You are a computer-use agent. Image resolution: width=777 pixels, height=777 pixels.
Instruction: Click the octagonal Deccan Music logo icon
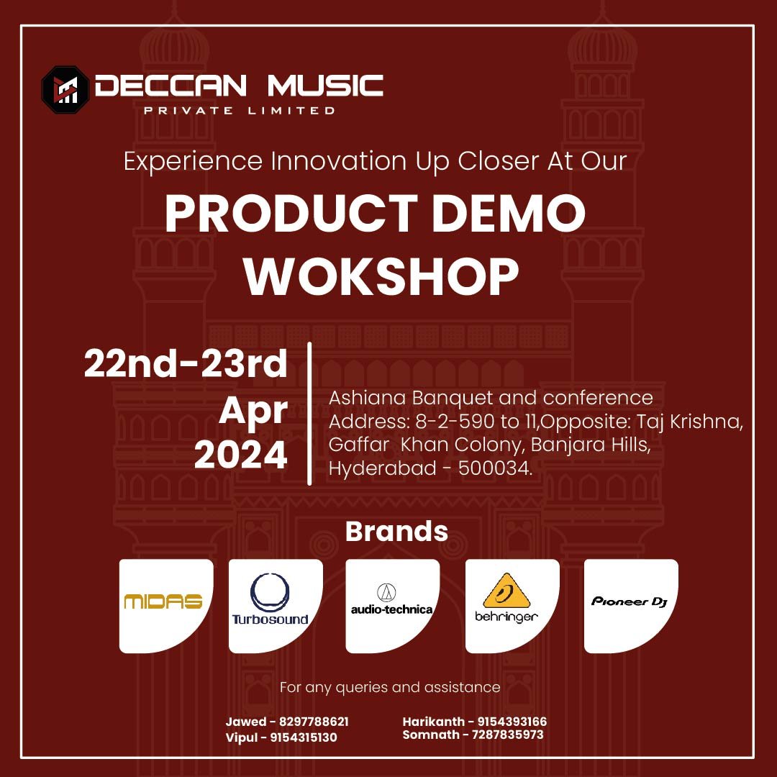65,90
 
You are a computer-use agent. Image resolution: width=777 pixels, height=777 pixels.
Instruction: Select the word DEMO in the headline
509,213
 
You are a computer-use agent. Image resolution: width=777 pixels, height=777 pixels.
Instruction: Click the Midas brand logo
163,601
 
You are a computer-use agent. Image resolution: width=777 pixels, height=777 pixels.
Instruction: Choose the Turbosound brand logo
270,599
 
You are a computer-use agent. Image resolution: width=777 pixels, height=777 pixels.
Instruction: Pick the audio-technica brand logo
392,599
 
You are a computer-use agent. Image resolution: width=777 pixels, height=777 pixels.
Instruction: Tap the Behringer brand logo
506,598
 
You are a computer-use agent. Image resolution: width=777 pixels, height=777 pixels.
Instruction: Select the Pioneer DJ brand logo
630,601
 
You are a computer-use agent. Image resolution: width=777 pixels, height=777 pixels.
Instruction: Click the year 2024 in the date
241,455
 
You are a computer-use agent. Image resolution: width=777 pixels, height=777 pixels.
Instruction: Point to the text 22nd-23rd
186,363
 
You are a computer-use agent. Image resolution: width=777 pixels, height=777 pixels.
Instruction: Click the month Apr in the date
253,411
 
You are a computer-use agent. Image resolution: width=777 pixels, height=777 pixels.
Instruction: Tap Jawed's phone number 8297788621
314,722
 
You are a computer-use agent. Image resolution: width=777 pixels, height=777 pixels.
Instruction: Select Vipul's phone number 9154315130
304,737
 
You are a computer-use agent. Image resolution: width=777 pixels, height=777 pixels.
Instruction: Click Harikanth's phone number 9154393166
512,722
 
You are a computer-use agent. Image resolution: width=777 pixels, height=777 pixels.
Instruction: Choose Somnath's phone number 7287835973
507,735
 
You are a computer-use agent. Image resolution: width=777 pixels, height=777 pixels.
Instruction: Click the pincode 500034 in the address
494,468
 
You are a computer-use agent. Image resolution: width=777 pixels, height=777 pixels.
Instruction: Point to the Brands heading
396,531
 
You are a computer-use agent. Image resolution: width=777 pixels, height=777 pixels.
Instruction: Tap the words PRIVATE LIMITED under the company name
240,111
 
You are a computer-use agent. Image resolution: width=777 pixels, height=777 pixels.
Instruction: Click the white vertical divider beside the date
309,413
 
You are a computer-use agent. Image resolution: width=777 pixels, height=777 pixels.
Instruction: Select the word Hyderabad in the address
383,469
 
